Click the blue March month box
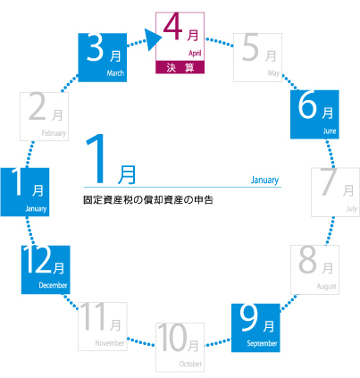[103, 57]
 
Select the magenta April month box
[180, 43]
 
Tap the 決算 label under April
[180, 68]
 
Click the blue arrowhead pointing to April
[154, 39]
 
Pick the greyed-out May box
[257, 57]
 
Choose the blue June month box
[314, 114]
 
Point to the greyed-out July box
[335, 192]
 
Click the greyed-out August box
[314, 270]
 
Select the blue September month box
[255, 328]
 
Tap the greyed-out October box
[180, 347]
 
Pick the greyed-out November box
[103, 326]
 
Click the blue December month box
[46, 270]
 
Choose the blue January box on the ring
[25, 192]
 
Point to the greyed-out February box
[44, 116]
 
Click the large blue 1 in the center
[96, 158]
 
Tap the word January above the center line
[264, 180]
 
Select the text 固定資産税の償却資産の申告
[148, 200]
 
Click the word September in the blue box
[262, 343]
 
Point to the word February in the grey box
[54, 133]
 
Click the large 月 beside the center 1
[127, 175]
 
